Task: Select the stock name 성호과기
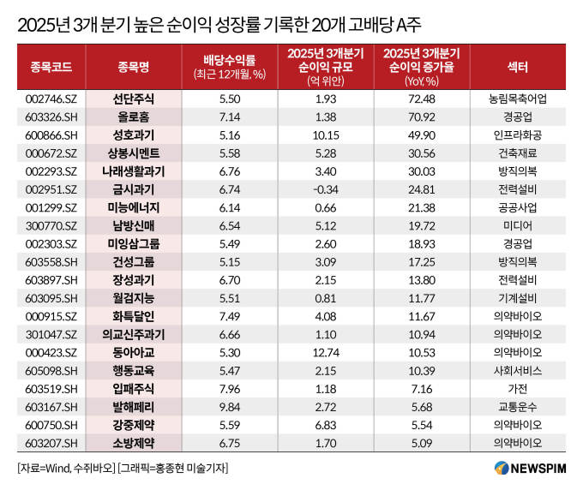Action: point(135,134)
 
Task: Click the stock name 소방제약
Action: point(135,442)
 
